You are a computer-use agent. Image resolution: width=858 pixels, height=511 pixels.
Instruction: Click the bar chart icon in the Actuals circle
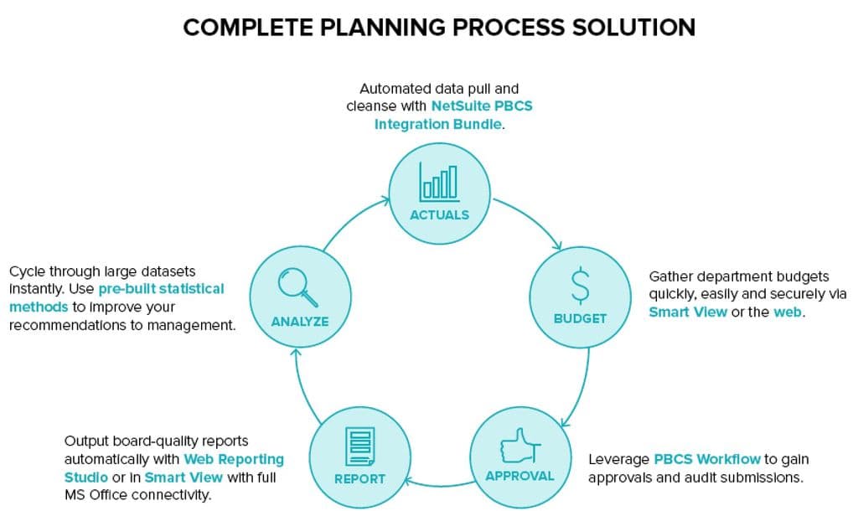pyautogui.click(x=439, y=182)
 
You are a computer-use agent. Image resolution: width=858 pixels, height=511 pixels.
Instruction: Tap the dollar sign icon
pyautogui.click(x=580, y=286)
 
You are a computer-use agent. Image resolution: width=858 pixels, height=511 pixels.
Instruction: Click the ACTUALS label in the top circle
pyautogui.click(x=439, y=215)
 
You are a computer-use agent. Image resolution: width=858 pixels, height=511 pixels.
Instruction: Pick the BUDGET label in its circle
pyautogui.click(x=580, y=318)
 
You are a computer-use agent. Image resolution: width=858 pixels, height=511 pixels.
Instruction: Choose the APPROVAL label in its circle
pyautogui.click(x=519, y=476)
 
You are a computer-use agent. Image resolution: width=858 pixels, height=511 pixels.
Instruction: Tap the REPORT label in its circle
pyautogui.click(x=359, y=478)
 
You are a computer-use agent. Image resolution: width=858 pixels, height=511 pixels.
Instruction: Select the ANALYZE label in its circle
pyautogui.click(x=300, y=322)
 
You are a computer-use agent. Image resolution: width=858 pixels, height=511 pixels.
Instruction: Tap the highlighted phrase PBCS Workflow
pyautogui.click(x=707, y=459)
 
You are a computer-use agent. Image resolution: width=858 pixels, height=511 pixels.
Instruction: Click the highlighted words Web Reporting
pyautogui.click(x=234, y=459)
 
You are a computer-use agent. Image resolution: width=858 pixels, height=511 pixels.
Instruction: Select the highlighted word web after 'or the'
pyautogui.click(x=788, y=312)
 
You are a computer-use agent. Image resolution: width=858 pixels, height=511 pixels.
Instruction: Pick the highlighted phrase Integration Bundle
pyautogui.click(x=437, y=124)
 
